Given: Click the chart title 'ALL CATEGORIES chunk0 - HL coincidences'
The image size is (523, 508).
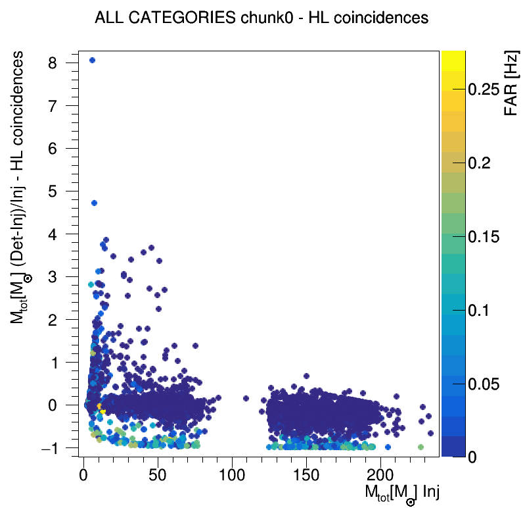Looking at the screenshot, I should pos(261,18).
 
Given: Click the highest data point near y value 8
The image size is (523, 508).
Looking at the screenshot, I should pos(92,60).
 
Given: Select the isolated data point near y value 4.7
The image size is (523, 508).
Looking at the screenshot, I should pos(94,203).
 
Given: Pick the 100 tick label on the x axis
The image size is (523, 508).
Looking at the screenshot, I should pos(232,475).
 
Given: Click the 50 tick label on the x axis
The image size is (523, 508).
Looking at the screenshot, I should pos(158,475).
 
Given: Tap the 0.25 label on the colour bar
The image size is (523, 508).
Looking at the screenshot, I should pos(489,90).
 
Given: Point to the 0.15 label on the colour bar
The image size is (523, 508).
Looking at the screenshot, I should pos(489,237).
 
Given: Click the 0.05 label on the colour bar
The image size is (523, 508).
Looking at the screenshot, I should pos(489,384).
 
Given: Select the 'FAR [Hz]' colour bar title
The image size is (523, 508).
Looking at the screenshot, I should pos(511,85).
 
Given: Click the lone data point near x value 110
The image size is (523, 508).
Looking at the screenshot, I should pos(246,398).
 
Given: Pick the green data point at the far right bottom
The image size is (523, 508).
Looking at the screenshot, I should pos(421,447).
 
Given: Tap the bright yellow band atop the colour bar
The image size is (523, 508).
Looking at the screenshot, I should pos(453,59).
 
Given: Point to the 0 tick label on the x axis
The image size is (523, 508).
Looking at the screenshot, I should pos(83,475).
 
